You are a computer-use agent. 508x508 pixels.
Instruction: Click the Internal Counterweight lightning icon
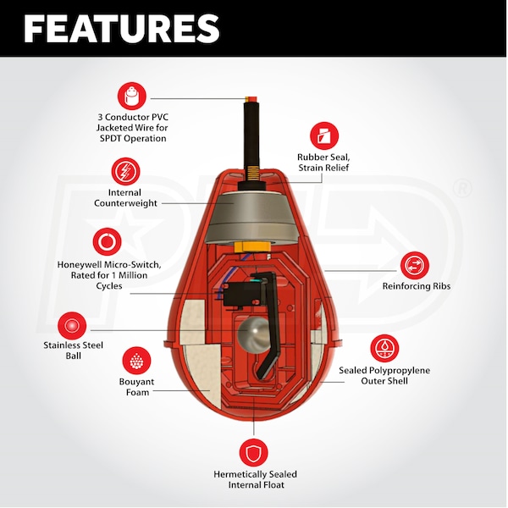(124, 172)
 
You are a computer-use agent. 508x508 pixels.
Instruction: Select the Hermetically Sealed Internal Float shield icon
(253, 450)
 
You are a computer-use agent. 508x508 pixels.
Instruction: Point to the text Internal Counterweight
(124, 198)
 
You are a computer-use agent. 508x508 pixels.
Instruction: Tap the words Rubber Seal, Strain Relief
(323, 163)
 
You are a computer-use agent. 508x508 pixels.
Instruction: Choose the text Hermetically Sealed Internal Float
(254, 480)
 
